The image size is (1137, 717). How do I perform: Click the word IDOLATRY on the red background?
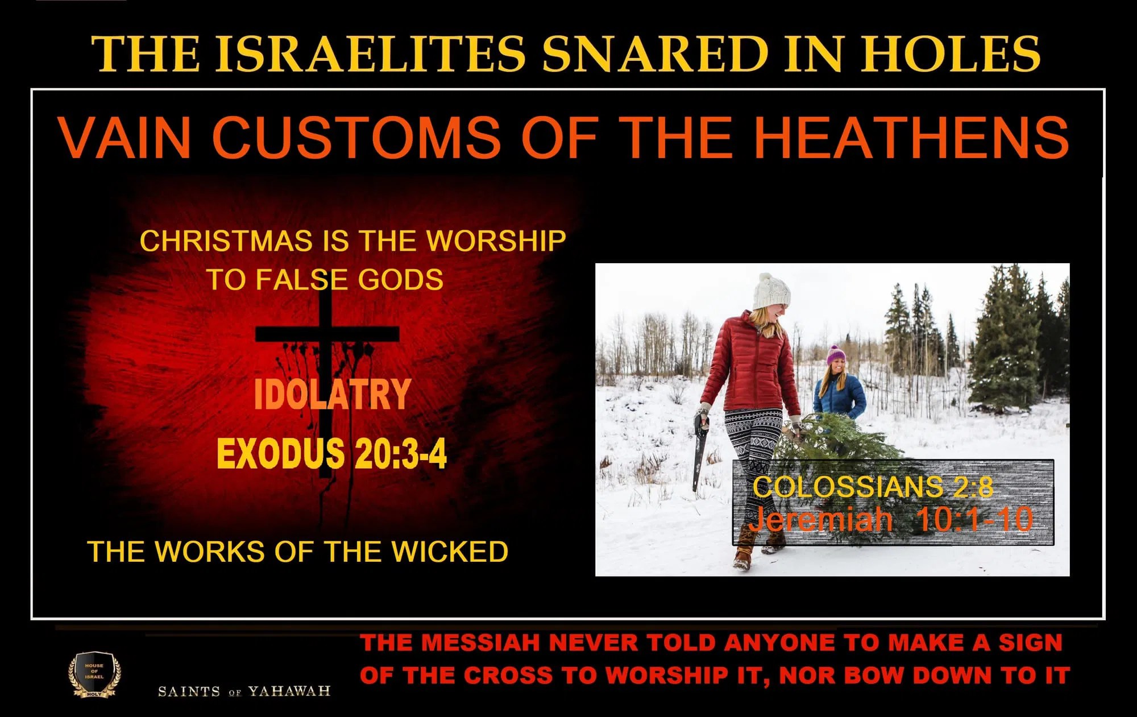click(332, 394)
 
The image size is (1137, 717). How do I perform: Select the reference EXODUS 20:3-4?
click(331, 453)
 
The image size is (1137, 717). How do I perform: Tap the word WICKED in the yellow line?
click(450, 552)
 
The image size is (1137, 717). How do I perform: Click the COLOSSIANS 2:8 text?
click(873, 487)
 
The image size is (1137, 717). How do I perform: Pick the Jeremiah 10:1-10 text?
click(890, 519)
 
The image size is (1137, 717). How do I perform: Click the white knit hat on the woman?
click(771, 292)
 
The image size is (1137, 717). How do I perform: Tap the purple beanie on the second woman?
click(835, 355)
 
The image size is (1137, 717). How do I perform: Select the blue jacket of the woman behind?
click(840, 398)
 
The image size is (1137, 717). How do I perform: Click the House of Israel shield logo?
click(94, 674)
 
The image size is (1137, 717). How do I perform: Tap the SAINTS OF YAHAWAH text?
click(244, 691)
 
